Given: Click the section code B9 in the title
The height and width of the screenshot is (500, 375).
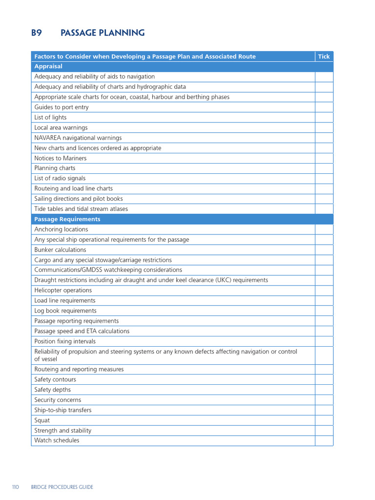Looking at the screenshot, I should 37,33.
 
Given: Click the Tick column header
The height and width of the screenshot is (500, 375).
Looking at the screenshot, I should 324,57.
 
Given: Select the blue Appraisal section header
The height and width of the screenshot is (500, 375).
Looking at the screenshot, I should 48,66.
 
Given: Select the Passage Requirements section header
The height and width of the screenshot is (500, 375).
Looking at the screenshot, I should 67,219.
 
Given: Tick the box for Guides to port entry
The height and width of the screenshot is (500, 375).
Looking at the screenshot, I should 324,107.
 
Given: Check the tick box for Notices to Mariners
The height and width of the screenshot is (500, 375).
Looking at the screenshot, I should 324,158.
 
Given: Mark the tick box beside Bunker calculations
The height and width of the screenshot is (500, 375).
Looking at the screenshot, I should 324,250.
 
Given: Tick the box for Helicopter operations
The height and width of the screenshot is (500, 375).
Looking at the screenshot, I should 324,291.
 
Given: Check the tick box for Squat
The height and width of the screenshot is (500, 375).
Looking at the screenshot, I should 324,420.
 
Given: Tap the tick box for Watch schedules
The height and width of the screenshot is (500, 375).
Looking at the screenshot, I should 324,440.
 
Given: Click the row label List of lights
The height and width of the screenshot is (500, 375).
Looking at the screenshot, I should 50,118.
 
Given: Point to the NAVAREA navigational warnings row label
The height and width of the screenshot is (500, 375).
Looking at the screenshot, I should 78,138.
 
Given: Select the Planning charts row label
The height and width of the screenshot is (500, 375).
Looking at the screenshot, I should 55,168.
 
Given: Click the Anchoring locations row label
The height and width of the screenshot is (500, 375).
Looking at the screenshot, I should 61,229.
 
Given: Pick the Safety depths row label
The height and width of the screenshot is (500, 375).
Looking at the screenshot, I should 52,390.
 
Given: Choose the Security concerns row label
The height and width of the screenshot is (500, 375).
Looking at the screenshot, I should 58,400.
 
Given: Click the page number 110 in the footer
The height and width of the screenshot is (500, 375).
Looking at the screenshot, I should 16,487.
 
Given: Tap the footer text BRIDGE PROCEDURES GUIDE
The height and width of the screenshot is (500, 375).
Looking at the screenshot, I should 62,487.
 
